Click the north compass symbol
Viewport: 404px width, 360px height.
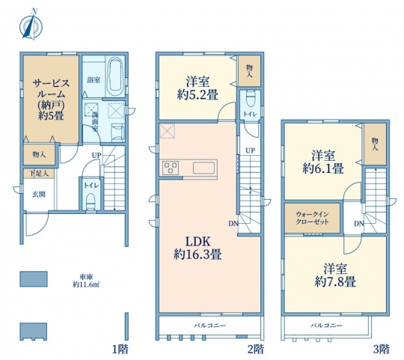coord(31,25)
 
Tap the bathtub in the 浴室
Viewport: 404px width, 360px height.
coord(115,76)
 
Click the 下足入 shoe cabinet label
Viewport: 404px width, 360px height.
coord(40,174)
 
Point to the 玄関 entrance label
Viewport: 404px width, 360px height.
coord(39,195)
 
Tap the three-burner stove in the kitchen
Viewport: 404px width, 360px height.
coord(171,168)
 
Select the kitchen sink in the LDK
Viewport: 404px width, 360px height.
coord(203,168)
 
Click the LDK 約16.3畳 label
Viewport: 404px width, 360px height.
coord(198,248)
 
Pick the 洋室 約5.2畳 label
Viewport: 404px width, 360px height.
coord(198,88)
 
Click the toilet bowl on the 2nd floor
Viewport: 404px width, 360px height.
coord(249,99)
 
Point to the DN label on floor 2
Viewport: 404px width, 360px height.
coord(233,224)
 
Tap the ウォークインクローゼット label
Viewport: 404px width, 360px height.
coord(312,218)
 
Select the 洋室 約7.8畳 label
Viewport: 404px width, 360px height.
coord(335,275)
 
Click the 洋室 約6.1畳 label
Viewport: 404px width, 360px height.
coord(323,162)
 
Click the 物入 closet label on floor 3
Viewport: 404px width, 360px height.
coord(375,144)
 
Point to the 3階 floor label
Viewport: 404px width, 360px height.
coord(382,350)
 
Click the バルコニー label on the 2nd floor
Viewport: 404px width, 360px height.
coord(209,326)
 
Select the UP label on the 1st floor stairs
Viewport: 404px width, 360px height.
coord(97,156)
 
